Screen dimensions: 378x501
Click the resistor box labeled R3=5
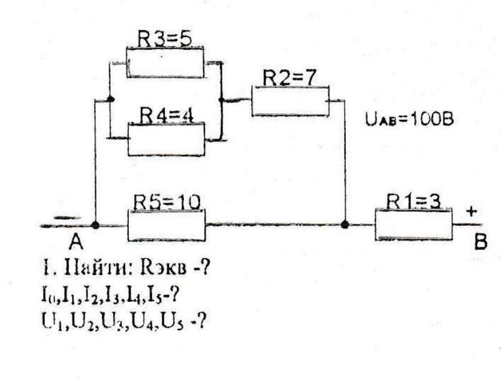coord(165,63)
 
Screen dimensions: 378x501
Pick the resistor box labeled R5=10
coord(166,225)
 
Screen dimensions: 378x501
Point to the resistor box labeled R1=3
coord(414,225)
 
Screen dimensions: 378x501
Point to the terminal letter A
coord(75,242)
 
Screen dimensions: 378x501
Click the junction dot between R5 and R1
coord(345,225)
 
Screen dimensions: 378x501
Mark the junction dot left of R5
coord(95,225)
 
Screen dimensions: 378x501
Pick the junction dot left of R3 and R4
coord(109,100)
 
